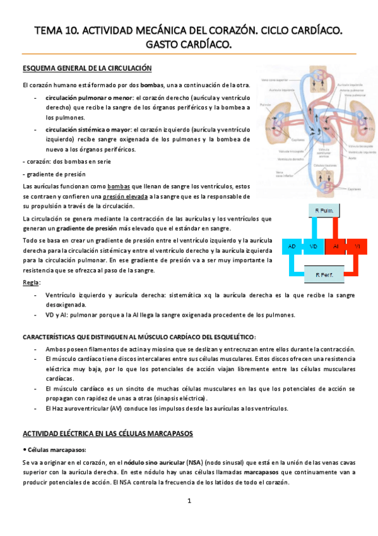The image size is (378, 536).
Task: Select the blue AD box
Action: coord(292,245)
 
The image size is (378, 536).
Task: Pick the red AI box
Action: coord(336,245)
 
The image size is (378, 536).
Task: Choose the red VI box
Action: coord(357,245)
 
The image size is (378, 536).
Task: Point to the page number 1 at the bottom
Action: coord(189,501)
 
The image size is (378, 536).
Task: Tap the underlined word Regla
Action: coord(30,283)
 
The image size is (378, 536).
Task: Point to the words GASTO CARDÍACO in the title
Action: coord(189,44)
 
